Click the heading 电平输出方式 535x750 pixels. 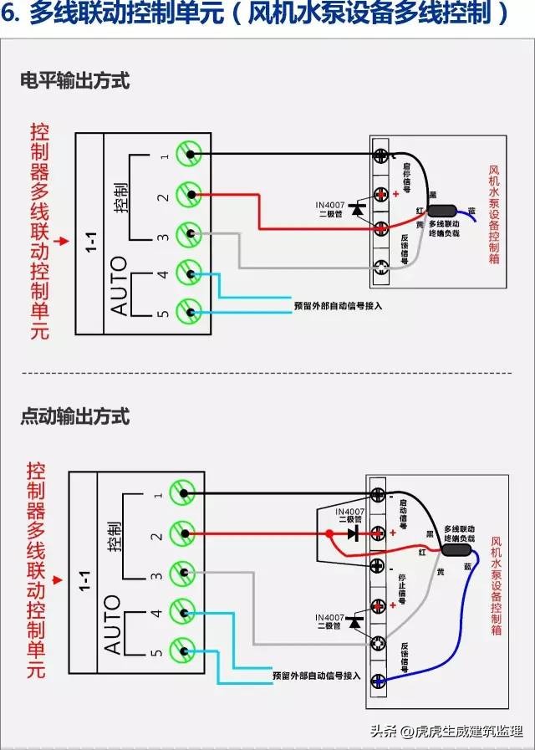(x=75, y=82)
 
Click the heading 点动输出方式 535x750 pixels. (x=75, y=416)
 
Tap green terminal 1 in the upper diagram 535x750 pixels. (x=191, y=154)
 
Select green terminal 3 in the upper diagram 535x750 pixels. (x=191, y=233)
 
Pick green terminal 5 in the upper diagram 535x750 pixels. (x=191, y=314)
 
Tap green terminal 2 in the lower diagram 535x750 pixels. (x=183, y=533)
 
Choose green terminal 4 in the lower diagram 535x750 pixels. (x=183, y=612)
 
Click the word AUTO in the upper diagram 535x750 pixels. (x=119, y=285)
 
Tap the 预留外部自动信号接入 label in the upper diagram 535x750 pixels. (x=338, y=306)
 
